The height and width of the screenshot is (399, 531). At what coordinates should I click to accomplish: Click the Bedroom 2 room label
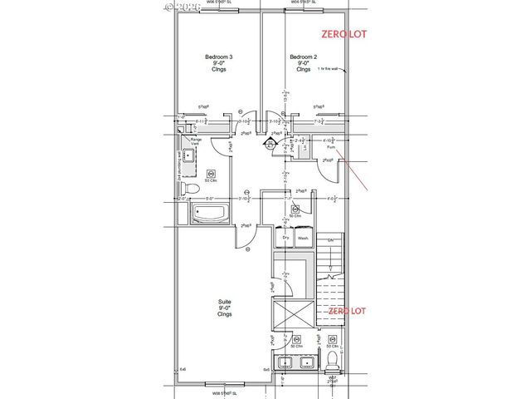click(x=300, y=62)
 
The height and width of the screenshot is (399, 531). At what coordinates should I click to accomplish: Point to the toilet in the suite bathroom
click(x=332, y=359)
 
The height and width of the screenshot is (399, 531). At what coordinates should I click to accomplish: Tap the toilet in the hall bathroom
click(x=192, y=191)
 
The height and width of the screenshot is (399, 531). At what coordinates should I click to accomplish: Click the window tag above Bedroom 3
click(x=217, y=4)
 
